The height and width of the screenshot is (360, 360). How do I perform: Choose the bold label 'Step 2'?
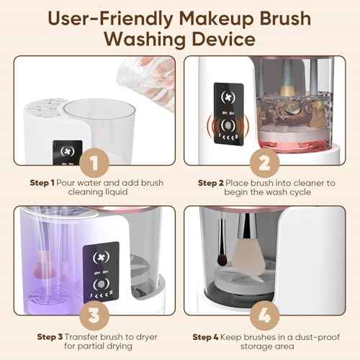pos(215,183)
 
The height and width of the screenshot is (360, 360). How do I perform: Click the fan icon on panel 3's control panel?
pos(96,257)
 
